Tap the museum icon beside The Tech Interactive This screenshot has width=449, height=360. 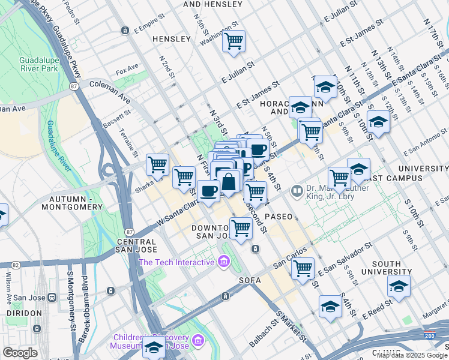(223, 262)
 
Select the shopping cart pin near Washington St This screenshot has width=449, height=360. (234, 41)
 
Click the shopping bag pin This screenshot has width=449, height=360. (229, 181)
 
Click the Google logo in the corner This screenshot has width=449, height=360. (20, 353)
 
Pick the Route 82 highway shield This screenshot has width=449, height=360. (15, 264)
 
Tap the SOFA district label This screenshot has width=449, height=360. (250, 280)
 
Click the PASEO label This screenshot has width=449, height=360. (277, 216)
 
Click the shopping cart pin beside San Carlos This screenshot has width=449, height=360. (303, 268)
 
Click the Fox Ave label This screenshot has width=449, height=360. (127, 70)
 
